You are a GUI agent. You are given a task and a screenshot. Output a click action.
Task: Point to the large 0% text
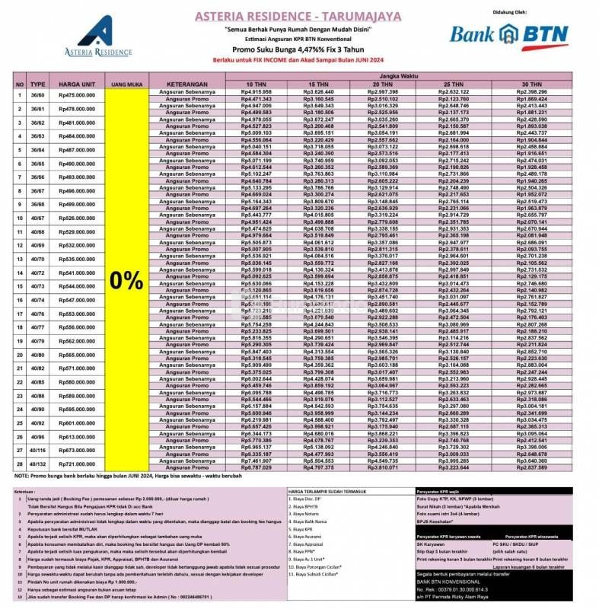pos(126,279)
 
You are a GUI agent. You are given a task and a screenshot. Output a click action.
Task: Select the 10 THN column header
pos(250,83)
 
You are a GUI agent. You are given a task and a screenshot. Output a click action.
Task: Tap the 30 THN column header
pos(531,83)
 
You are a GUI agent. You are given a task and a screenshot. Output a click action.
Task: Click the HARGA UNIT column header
pos(76,83)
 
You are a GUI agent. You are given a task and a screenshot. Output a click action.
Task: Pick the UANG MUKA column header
pos(126,83)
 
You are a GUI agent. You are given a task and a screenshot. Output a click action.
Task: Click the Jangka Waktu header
pos(390,75)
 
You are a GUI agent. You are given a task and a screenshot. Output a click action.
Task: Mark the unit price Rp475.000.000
pos(76,95)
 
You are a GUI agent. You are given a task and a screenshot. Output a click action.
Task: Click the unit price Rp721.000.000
pos(76,464)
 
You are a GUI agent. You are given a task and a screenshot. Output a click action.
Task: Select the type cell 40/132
pos(38,464)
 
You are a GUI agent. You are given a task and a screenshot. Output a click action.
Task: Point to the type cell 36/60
pos(38,95)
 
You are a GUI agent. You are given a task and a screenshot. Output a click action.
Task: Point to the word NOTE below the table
pos(22,476)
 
